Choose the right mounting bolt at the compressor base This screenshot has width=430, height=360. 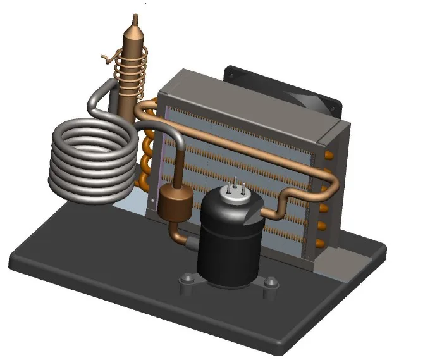[x=271, y=284]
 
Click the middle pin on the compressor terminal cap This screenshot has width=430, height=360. [x=235, y=181]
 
